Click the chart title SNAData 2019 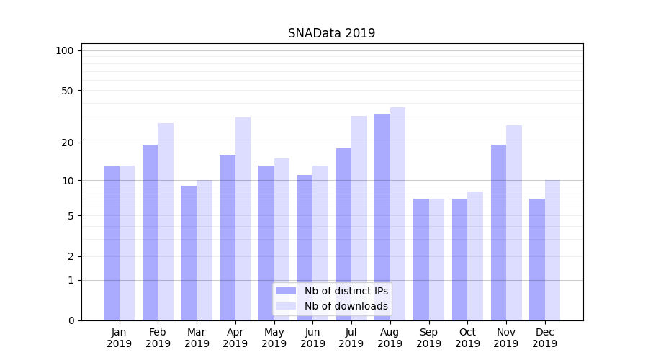[331, 33]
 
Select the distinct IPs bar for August [382, 217]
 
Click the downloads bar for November [514, 222]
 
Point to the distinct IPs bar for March [189, 253]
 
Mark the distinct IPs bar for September [421, 259]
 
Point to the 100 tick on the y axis [65, 50]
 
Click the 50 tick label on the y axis [68, 91]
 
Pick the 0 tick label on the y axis [71, 320]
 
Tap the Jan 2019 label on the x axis [119, 338]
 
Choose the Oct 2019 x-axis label [467, 338]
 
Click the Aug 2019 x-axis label [390, 338]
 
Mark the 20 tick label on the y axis [68, 143]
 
